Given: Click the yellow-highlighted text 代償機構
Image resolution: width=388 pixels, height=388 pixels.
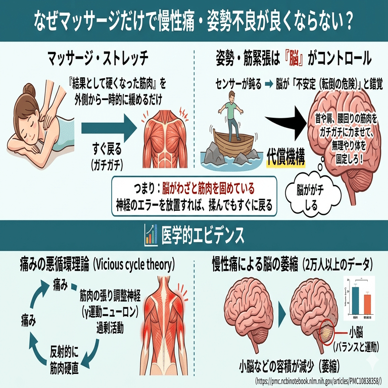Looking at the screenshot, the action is point(286,159).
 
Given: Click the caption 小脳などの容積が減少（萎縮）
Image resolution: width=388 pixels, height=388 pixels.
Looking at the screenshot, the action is point(289,365).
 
